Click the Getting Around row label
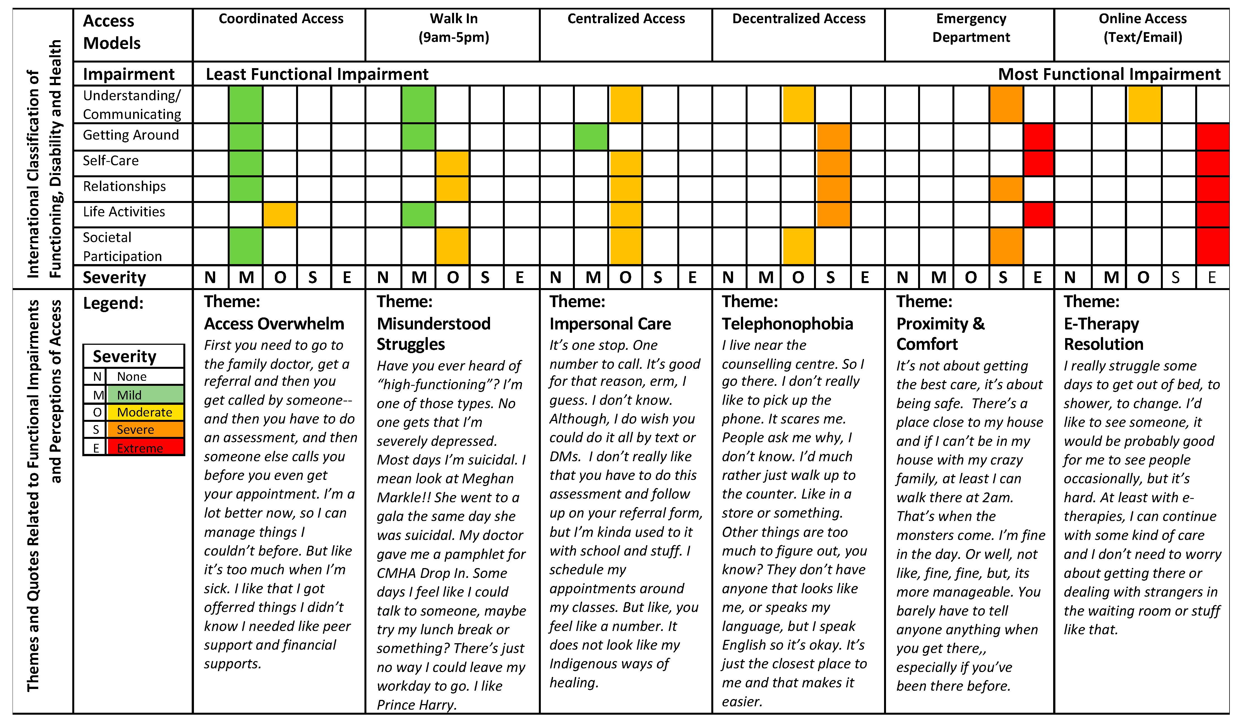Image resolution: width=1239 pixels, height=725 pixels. [131, 135]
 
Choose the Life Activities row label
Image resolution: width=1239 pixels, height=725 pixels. [124, 212]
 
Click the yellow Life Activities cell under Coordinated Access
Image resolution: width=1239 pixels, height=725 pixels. [280, 214]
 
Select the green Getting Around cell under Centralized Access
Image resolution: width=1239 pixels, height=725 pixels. [591, 137]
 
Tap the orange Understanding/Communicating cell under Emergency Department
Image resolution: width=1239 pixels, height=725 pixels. [1006, 104]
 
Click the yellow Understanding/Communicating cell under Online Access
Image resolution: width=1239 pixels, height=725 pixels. [1144, 104]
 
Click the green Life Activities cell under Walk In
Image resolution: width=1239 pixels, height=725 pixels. [418, 214]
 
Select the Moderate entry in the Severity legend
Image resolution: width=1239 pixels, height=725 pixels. [145, 412]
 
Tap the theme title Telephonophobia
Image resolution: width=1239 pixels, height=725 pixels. [787, 324]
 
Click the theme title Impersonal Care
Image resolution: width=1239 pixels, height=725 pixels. [610, 324]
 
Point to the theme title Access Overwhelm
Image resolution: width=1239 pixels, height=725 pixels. [274, 324]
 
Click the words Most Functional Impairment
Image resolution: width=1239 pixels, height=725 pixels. [1109, 74]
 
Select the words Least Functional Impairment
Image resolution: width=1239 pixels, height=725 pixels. [317, 74]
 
